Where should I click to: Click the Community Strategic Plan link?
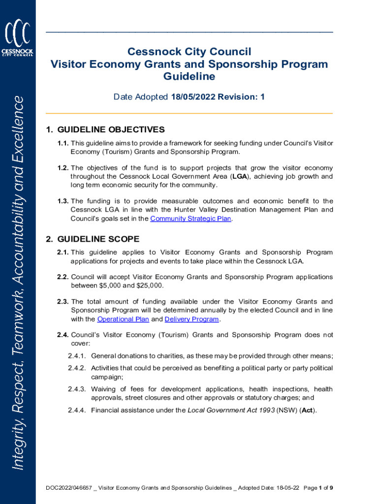point(190,219)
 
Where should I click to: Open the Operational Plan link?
point(123,319)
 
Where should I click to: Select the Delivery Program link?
point(191,319)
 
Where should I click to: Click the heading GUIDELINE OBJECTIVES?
point(111,130)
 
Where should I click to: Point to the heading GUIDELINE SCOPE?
point(98,239)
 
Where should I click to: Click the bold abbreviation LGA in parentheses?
point(240,176)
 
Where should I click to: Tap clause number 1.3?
point(63,201)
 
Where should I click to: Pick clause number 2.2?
point(63,277)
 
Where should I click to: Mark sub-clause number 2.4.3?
point(77,389)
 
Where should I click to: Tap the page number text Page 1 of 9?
point(318,488)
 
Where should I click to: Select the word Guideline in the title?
point(189,77)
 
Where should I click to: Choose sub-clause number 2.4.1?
point(77,356)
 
